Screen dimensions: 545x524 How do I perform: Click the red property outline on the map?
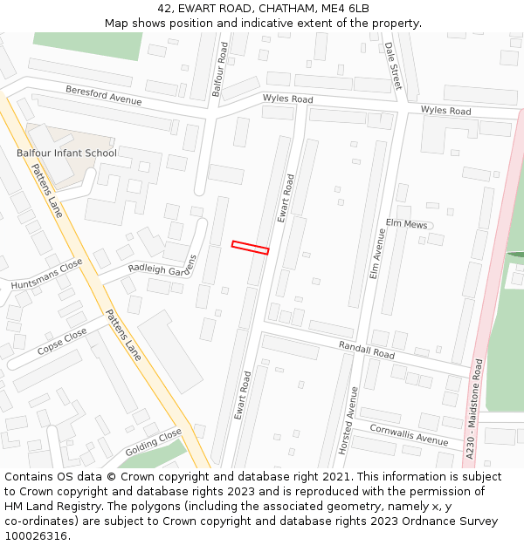coord(250,248)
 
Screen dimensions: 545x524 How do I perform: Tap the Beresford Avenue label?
coord(103,95)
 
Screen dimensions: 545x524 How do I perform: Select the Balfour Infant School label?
coord(66,153)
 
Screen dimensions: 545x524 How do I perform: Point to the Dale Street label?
coord(393,65)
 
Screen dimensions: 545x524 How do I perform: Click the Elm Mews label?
coord(406,224)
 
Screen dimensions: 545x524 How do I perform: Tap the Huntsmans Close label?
coord(46,274)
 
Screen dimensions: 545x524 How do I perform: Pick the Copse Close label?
coord(62,342)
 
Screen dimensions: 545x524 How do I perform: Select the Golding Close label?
coord(153,441)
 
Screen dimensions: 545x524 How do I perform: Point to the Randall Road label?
coord(367,350)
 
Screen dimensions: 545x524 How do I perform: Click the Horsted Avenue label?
coord(349,419)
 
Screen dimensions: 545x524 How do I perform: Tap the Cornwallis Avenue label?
coord(409,433)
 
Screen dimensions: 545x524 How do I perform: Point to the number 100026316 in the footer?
coord(37,535)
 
